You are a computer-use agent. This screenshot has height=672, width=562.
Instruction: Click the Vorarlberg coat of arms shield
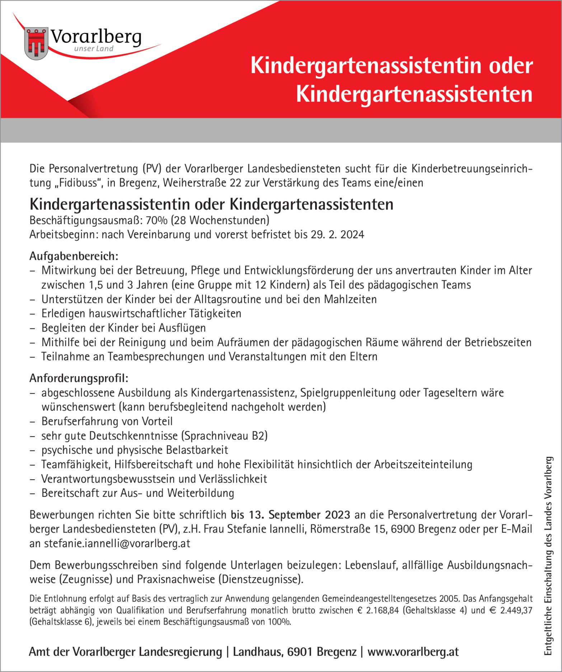(x=36, y=43)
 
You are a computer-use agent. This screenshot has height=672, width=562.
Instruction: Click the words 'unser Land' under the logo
(x=93, y=49)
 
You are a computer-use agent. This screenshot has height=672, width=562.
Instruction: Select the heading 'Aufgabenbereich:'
(x=74, y=256)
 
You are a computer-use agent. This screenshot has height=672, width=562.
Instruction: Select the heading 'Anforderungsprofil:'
(x=79, y=378)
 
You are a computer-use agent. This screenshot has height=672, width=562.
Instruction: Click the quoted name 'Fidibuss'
(x=78, y=183)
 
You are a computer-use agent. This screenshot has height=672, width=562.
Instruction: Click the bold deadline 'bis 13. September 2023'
(x=290, y=514)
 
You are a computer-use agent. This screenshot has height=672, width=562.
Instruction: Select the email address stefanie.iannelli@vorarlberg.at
(x=117, y=543)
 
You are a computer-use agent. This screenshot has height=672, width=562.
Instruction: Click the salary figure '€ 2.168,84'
(x=378, y=610)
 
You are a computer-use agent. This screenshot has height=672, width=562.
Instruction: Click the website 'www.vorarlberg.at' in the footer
(x=413, y=652)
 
